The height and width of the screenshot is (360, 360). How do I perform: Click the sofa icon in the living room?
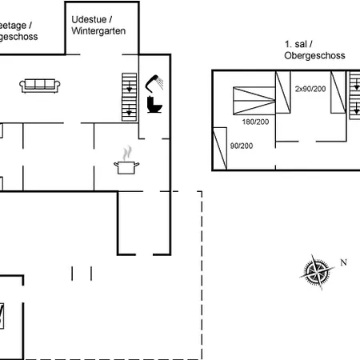point(38,85)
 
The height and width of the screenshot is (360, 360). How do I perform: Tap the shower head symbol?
point(155,82)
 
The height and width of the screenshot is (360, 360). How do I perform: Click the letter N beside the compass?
point(343,262)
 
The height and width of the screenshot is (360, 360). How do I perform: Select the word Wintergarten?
point(99,31)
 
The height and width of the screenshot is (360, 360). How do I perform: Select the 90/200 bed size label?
point(242,146)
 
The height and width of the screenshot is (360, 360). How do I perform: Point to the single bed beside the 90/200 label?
point(220,148)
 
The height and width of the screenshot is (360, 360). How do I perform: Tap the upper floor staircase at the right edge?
point(354,94)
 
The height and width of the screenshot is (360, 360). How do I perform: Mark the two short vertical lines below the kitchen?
point(82,274)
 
